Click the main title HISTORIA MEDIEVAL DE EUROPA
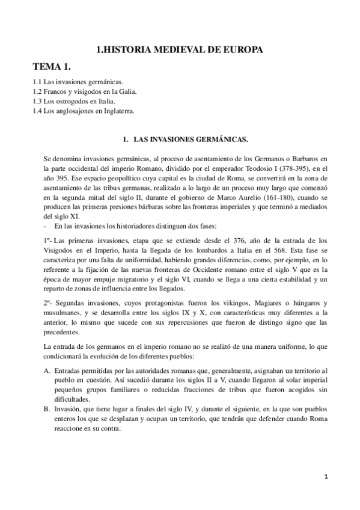[180, 51]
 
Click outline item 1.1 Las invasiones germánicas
[71, 80]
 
